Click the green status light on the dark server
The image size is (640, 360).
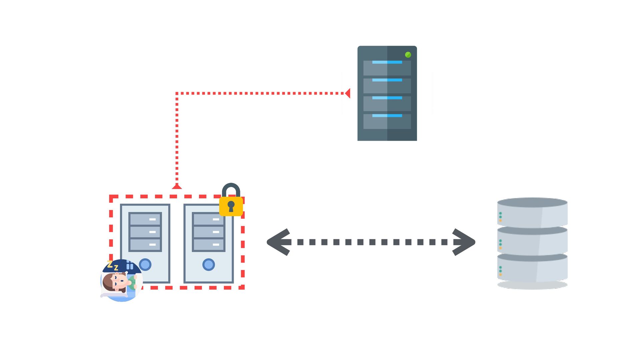tap(408, 55)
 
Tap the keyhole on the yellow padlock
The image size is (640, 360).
tap(231, 206)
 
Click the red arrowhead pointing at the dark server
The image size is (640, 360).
tap(347, 93)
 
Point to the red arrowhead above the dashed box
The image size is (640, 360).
tap(177, 186)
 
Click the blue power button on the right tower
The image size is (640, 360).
tap(209, 265)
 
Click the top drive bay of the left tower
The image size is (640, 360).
tap(145, 219)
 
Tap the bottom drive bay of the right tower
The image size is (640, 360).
tap(209, 245)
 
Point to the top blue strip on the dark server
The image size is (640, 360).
tap(387, 62)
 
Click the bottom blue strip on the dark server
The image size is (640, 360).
tap(387, 116)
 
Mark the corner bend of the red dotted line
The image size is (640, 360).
tap(177, 93)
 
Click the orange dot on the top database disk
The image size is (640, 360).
tap(500, 220)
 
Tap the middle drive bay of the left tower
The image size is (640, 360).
tap(145, 232)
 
